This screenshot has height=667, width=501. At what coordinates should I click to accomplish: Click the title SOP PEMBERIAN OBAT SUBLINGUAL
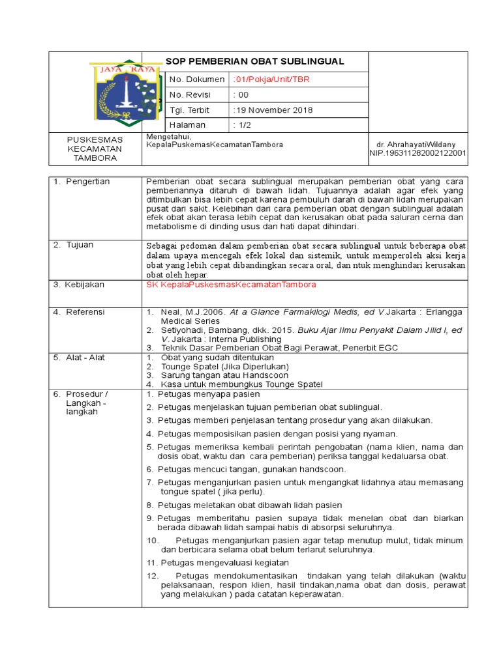click(x=254, y=61)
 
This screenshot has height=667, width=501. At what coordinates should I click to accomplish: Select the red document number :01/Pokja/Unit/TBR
click(x=271, y=79)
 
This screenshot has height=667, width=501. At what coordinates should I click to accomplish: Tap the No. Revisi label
click(x=188, y=94)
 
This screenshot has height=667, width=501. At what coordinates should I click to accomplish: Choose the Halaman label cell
click(x=188, y=124)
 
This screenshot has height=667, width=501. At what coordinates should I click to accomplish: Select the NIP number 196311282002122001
click(x=417, y=153)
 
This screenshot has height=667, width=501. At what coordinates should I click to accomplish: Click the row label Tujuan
click(x=80, y=245)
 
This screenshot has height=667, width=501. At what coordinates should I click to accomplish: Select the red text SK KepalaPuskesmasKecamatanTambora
click(x=232, y=285)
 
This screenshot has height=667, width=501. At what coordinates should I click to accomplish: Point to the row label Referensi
click(x=85, y=312)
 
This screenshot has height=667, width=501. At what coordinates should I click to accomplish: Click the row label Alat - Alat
click(x=84, y=358)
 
